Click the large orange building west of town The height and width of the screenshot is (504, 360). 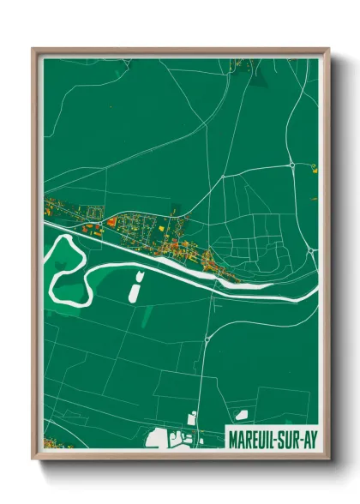tap(111, 222)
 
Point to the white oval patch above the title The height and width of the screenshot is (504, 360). tap(243, 415)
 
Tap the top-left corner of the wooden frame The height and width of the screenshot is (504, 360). tap(34, 50)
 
